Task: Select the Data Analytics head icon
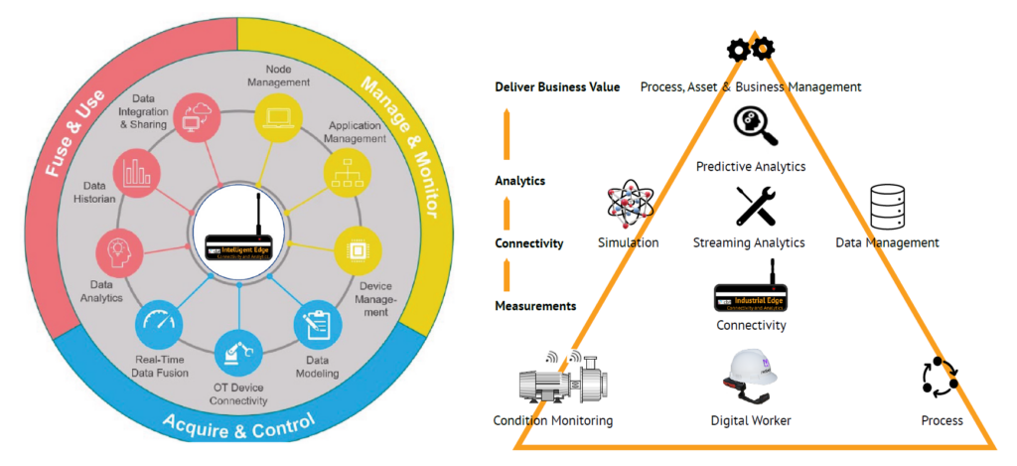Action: (x=116, y=248)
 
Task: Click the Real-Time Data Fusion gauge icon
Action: (x=159, y=325)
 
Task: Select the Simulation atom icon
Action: (x=628, y=205)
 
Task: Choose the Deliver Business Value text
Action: (x=557, y=87)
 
